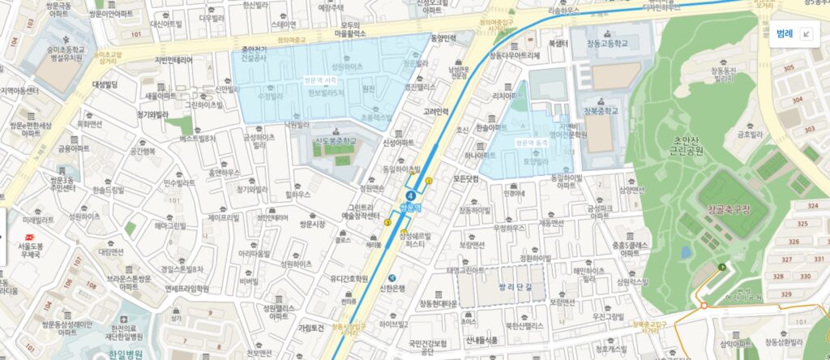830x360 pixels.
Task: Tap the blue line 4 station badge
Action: click(413, 195)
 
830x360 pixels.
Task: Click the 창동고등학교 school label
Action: click(601, 43)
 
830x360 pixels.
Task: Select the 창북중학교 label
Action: click(600, 110)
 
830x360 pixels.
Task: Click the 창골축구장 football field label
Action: click(729, 209)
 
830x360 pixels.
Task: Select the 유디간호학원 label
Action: click(349, 279)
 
